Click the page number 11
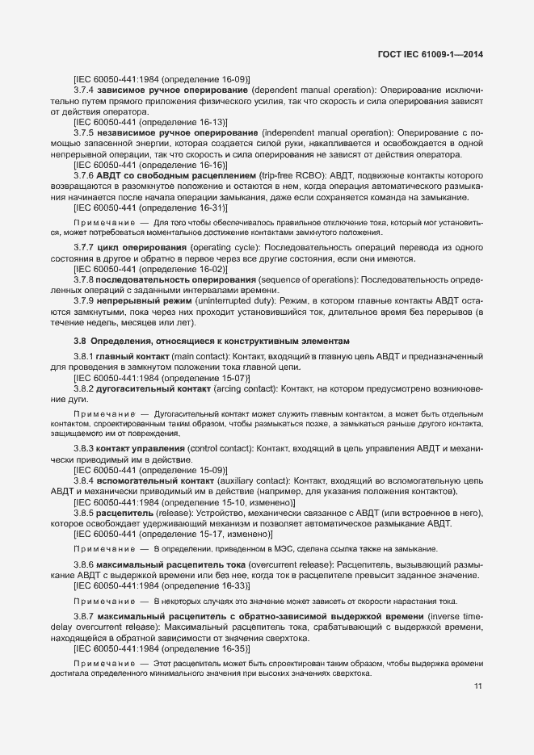(x=477, y=686)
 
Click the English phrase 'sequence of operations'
(x=308, y=279)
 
